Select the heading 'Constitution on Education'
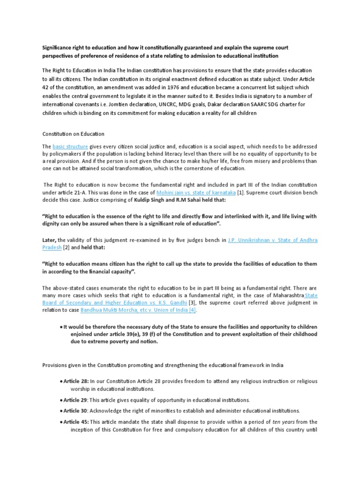[73, 134]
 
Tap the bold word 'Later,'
[50, 240]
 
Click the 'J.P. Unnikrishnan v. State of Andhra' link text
[273, 240]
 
